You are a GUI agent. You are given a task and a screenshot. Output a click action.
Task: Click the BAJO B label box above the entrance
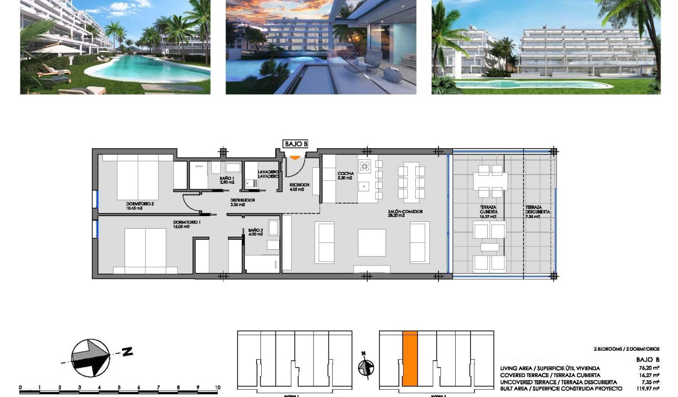point(295,144)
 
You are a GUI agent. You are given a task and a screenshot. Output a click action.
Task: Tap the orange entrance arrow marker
point(295,157)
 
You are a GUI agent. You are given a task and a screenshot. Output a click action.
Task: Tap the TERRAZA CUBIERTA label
point(488,211)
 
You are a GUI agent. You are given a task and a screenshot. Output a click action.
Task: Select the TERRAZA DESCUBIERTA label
point(537,211)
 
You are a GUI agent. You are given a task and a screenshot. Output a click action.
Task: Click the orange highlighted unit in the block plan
point(410,359)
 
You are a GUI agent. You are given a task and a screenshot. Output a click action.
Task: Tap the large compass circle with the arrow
point(90,358)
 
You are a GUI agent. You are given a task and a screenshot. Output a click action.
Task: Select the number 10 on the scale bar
point(218,388)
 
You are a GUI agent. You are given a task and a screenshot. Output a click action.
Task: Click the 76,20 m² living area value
point(649,369)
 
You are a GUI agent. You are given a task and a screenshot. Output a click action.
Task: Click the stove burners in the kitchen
point(365,166)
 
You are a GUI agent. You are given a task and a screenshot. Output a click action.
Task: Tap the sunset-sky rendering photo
point(321,47)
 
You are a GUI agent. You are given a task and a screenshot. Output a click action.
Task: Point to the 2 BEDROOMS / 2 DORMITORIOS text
point(626,349)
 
